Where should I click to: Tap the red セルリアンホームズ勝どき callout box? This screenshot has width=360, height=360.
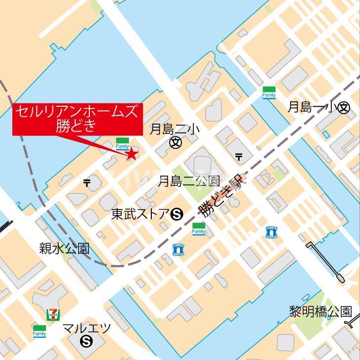click(77, 119)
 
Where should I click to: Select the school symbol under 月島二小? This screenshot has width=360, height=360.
click(175, 143)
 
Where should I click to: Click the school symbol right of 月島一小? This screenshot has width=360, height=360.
click(344, 108)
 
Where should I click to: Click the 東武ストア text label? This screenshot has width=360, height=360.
click(140, 214)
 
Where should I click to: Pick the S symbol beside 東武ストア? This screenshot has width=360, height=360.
click(177, 215)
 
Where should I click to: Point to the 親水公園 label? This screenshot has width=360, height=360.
click(64, 248)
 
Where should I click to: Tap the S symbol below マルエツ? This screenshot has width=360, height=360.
click(87, 341)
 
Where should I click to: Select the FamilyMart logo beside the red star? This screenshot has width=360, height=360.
click(122, 143)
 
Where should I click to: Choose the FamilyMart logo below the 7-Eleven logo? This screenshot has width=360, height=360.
click(39, 331)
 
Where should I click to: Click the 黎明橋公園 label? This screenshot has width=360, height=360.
click(320, 312)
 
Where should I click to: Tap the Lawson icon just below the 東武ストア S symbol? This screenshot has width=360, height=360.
click(178, 250)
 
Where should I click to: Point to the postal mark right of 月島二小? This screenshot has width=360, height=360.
click(239, 157)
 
